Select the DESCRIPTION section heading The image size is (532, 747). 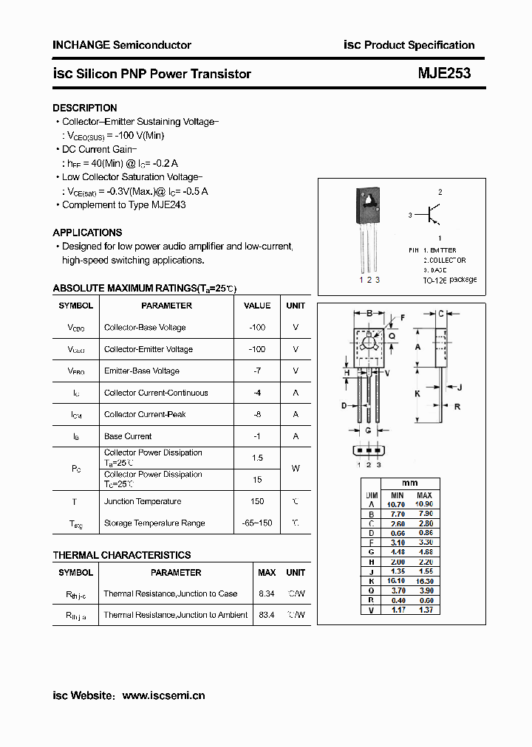[85, 108]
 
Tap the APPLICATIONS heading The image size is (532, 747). [87, 232]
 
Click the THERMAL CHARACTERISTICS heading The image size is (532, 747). [122, 555]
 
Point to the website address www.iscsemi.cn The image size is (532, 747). [163, 695]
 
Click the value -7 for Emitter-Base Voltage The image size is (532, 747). [257, 371]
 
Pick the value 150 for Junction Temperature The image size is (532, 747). [257, 502]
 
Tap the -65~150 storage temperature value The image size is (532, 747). [257, 523]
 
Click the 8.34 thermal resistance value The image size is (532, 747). [267, 593]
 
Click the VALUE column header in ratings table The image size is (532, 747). [257, 306]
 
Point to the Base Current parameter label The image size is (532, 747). [128, 436]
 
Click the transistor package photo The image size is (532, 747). [368, 229]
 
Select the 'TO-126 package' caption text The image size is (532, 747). [450, 280]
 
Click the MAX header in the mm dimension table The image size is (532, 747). [424, 495]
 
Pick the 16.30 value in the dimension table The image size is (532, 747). [424, 581]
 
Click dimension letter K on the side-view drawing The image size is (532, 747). [417, 394]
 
